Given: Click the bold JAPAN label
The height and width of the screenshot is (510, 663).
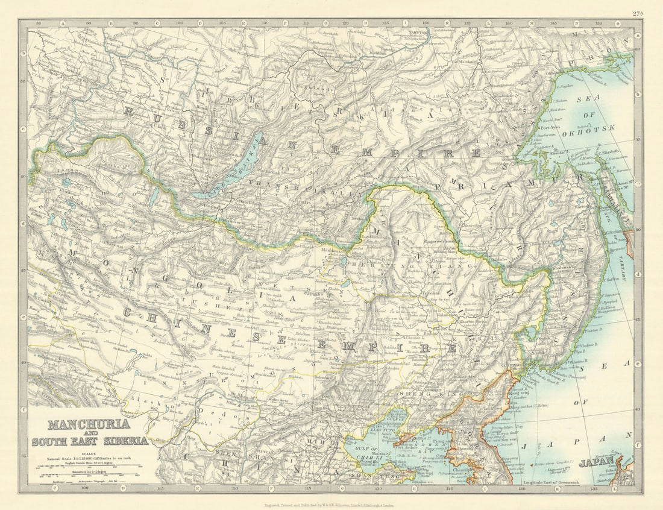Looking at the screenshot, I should coord(597,464).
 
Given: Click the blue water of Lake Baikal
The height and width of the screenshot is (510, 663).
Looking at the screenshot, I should coord(223,175).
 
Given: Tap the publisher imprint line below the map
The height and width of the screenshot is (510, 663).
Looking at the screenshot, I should coord(331,504).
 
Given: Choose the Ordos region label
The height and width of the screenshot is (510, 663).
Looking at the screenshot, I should coord(232,417).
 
